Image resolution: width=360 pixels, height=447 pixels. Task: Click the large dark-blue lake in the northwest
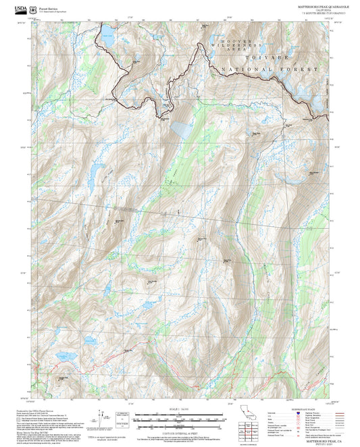[x=107, y=40]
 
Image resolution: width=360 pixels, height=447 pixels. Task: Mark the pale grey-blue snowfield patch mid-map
[x=181, y=128]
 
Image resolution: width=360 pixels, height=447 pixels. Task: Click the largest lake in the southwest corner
[x=68, y=357]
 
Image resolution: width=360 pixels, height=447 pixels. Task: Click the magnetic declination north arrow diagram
[x=102, y=418]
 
